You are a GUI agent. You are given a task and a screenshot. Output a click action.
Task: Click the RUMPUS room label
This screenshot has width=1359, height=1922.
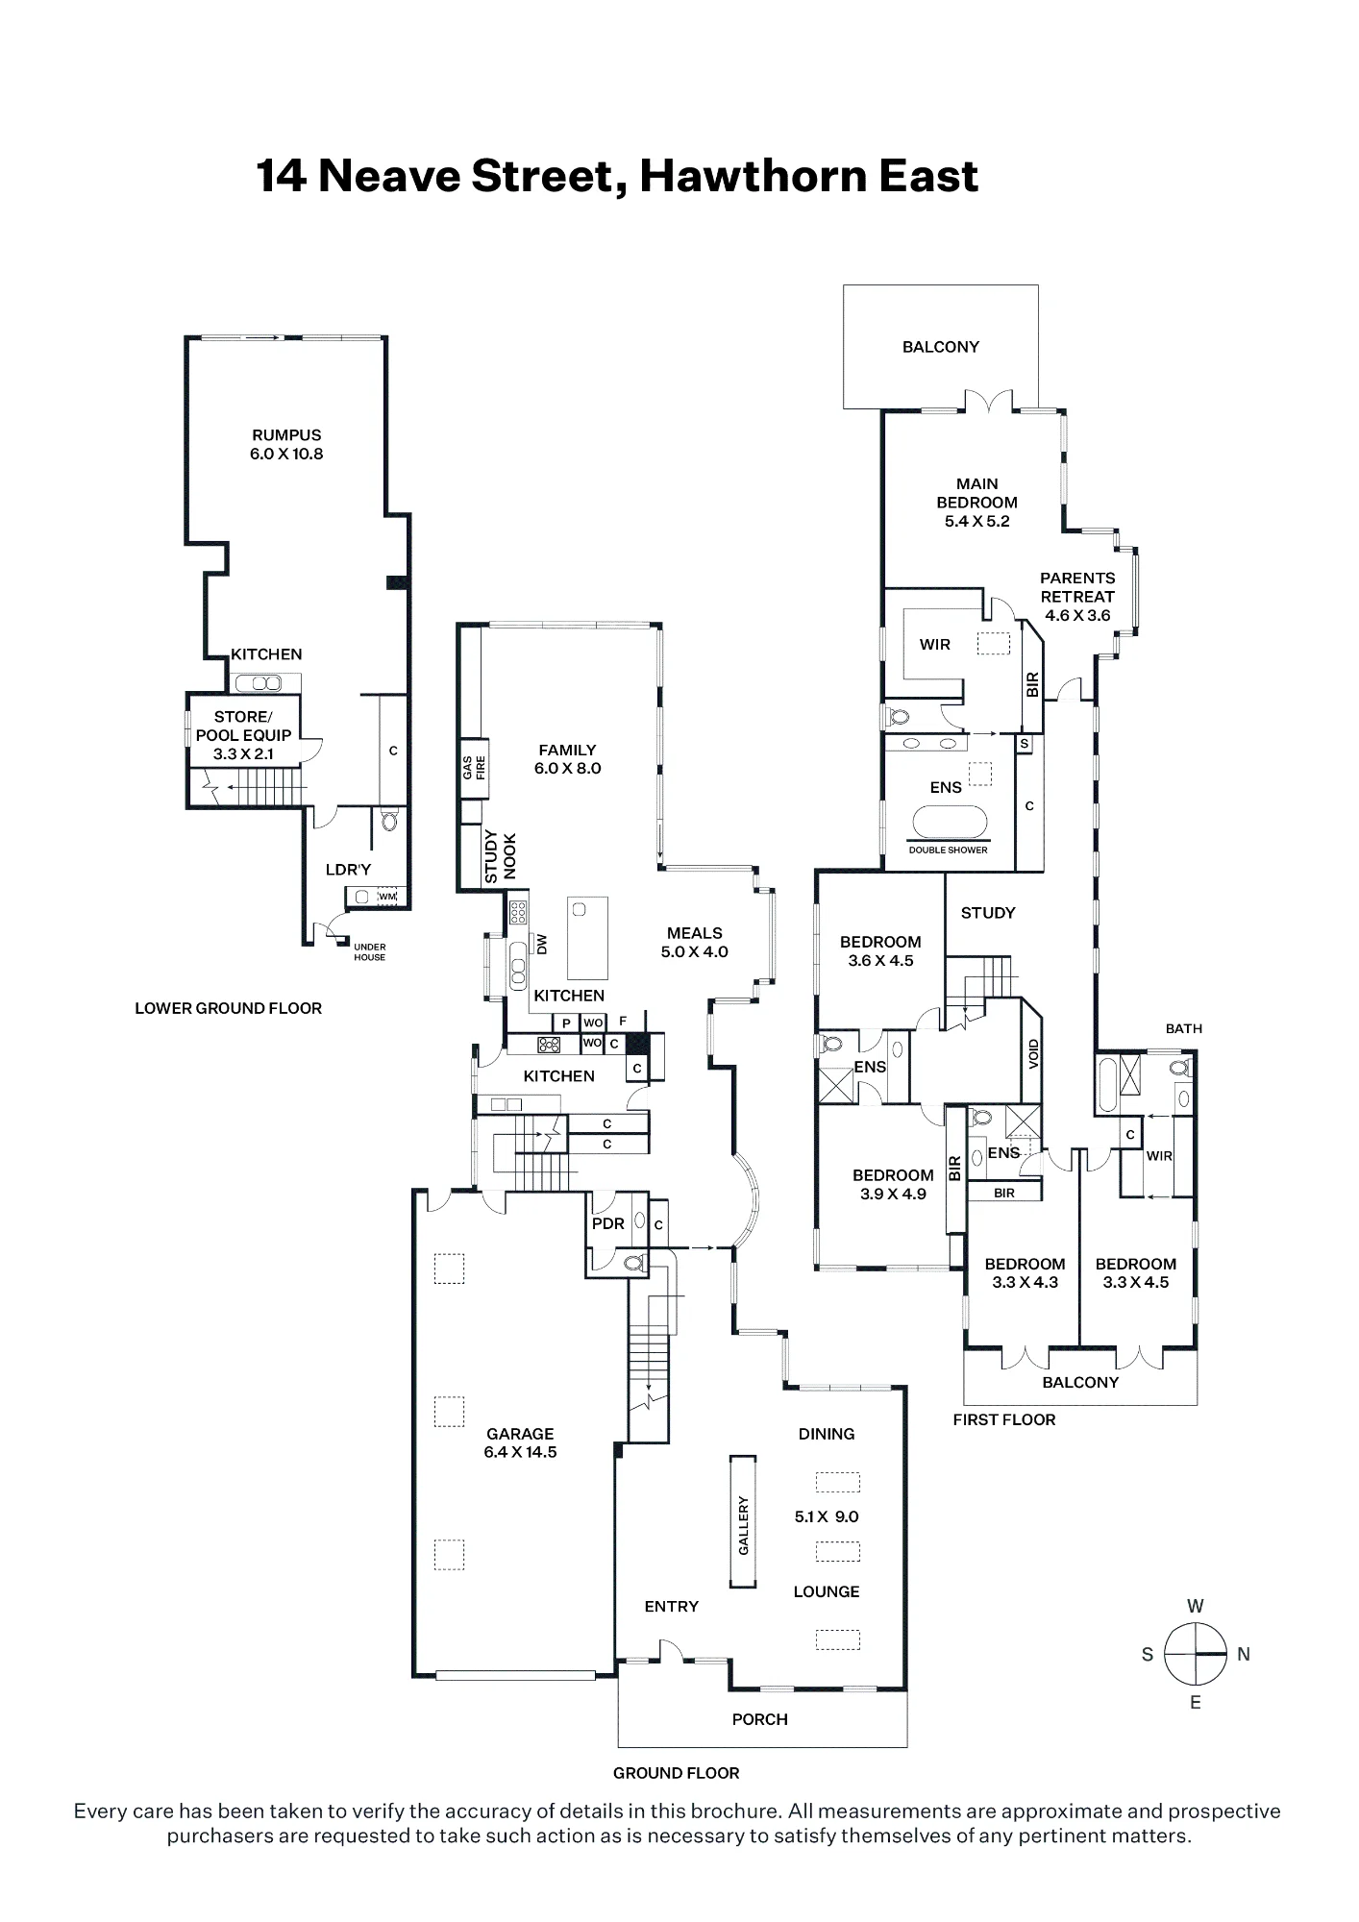point(286,444)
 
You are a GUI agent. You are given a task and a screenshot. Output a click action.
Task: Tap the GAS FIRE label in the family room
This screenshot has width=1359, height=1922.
point(474,767)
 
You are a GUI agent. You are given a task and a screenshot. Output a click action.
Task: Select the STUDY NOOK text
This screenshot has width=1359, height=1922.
point(500,857)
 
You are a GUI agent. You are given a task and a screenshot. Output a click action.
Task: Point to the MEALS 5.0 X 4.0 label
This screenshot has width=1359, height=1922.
point(694,942)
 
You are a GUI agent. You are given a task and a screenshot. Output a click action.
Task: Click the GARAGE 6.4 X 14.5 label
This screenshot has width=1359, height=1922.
point(520,1442)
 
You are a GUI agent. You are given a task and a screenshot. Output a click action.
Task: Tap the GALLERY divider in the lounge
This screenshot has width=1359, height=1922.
point(743,1523)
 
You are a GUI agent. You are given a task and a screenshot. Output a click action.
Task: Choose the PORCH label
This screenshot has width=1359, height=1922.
point(759,1719)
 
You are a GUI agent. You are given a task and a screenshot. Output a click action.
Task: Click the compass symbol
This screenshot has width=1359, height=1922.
point(1195,1654)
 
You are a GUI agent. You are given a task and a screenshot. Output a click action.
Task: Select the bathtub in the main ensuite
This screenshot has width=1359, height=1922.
point(949,824)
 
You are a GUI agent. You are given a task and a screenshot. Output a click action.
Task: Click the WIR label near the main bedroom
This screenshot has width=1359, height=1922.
point(934,645)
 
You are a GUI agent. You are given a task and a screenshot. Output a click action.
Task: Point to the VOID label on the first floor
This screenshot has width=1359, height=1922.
point(1033,1054)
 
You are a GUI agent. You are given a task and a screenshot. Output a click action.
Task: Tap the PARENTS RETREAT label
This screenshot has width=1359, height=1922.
point(1077,596)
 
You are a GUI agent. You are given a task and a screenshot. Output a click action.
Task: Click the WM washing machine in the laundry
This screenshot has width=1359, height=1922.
point(387,897)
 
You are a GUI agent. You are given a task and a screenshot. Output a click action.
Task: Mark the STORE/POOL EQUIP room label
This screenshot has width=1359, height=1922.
point(243,735)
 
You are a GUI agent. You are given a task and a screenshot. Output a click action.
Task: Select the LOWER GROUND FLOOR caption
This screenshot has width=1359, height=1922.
point(228,1008)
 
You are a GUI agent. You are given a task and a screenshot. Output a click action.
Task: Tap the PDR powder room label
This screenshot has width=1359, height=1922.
point(608,1223)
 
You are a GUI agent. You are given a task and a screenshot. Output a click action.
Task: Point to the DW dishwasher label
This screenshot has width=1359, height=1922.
point(542,945)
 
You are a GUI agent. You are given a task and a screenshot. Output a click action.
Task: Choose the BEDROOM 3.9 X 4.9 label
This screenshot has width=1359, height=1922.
point(893,1184)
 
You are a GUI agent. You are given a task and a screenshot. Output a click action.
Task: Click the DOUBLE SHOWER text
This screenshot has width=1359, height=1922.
point(949,850)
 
